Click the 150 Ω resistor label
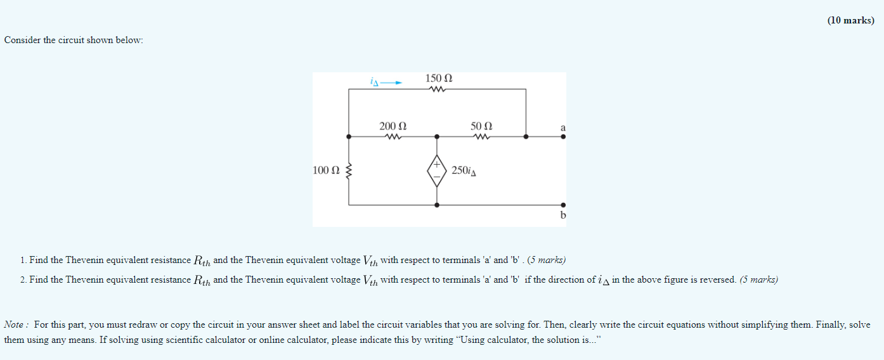439,79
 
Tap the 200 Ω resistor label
393,126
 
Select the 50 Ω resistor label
481,126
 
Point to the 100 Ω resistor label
326,170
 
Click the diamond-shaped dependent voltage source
436,170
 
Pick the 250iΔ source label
464,171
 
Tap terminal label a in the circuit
562,127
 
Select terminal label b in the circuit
562,215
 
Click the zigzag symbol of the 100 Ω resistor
348,170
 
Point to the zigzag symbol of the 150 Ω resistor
438,89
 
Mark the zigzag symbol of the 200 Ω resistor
393,136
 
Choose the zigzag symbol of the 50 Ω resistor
481,136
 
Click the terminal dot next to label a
562,136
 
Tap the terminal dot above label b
562,205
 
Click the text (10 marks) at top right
850,20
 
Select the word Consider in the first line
22,41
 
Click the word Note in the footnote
14,325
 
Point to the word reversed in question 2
718,280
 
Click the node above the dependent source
436,136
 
